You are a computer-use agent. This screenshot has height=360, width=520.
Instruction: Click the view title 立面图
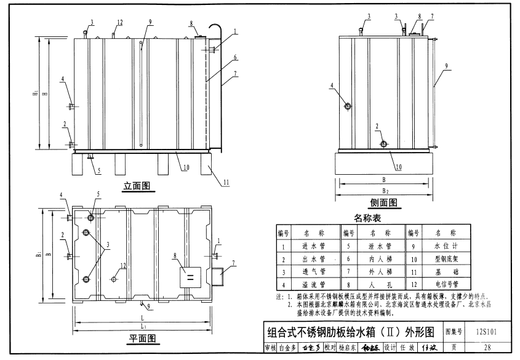click(137, 185)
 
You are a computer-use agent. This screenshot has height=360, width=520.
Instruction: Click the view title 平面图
click(141, 338)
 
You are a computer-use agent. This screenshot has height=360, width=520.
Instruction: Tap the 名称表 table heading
click(367, 218)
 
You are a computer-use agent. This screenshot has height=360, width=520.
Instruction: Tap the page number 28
click(487, 348)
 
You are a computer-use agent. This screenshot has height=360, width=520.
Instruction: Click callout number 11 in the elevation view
click(226, 183)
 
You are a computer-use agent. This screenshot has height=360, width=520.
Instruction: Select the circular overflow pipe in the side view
click(348, 106)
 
